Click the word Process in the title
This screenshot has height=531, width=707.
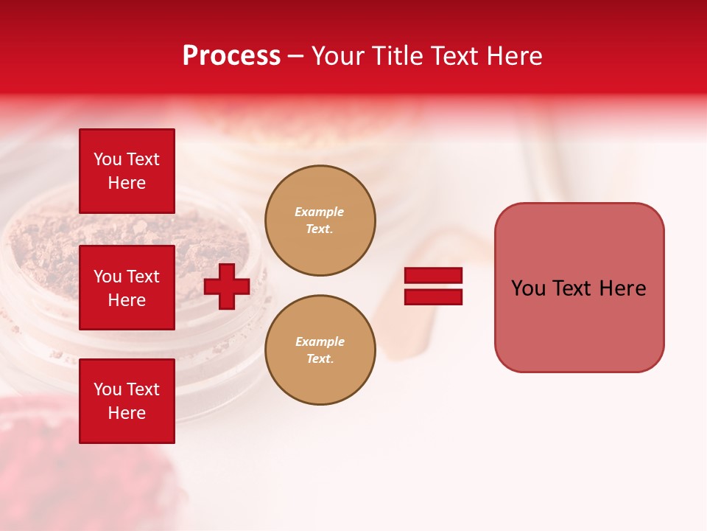pyautogui.click(x=231, y=56)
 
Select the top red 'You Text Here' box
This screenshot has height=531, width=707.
pyautogui.click(x=127, y=171)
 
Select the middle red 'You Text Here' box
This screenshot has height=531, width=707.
pyautogui.click(x=127, y=288)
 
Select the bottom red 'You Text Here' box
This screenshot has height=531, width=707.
pyautogui.click(x=127, y=401)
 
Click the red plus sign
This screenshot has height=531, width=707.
pyautogui.click(x=227, y=286)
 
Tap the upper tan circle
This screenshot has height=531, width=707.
pyautogui.click(x=320, y=221)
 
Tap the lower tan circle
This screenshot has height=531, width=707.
pyautogui.click(x=320, y=350)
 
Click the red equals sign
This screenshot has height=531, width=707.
pyautogui.click(x=433, y=286)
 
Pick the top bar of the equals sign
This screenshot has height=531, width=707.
pyautogui.click(x=433, y=275)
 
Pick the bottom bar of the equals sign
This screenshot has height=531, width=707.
pyautogui.click(x=433, y=297)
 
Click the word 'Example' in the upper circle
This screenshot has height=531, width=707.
pyautogui.click(x=320, y=212)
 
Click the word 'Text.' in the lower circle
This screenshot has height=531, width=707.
pyautogui.click(x=320, y=359)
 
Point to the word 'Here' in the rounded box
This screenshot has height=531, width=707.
pyautogui.click(x=622, y=288)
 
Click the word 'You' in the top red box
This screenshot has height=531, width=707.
pyautogui.click(x=107, y=159)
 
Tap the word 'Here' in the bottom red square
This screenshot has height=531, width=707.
pyautogui.click(x=127, y=413)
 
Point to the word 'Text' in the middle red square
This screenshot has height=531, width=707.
pyautogui.click(x=143, y=277)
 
